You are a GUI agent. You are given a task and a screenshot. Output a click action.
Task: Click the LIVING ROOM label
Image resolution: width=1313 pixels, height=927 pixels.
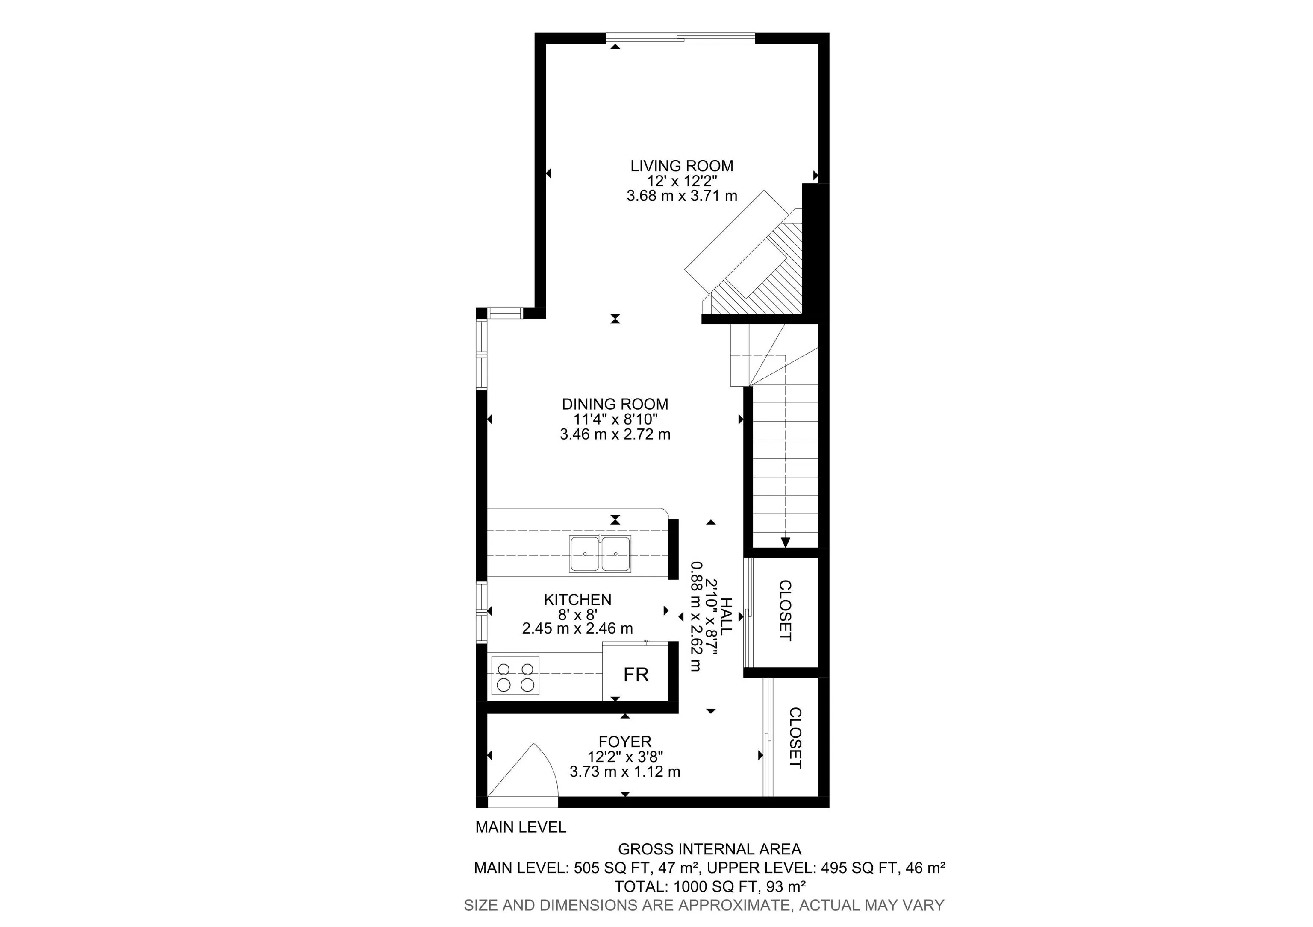click(682, 166)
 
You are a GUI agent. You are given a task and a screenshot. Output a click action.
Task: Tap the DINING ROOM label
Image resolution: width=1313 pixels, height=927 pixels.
click(615, 404)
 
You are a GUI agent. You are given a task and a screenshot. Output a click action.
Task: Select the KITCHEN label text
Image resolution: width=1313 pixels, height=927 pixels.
click(577, 599)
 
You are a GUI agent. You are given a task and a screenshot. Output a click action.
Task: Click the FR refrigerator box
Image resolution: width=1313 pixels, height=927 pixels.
click(635, 675)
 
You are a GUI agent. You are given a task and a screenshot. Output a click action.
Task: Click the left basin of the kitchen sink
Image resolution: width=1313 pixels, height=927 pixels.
click(584, 553)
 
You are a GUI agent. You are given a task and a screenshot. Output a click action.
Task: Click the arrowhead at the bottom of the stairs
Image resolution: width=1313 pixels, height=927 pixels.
click(786, 543)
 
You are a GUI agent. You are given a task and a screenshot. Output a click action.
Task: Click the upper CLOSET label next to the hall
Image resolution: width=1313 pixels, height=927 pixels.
click(786, 610)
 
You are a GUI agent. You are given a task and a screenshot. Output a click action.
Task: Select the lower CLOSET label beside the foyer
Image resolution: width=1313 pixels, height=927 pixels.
click(795, 738)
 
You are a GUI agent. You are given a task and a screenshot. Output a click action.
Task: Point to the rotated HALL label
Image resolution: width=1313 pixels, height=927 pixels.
click(726, 617)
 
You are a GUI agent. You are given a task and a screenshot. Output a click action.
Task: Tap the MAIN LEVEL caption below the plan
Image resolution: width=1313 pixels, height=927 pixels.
click(521, 827)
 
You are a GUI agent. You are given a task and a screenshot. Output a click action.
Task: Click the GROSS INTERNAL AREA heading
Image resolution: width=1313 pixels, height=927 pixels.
click(709, 849)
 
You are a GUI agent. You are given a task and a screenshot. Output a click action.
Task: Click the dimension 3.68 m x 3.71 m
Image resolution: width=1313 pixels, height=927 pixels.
click(682, 196)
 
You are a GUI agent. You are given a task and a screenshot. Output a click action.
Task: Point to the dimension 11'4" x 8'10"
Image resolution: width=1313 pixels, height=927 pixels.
click(615, 419)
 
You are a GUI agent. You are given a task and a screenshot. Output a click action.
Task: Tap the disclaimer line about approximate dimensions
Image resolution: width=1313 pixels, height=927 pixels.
click(704, 905)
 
